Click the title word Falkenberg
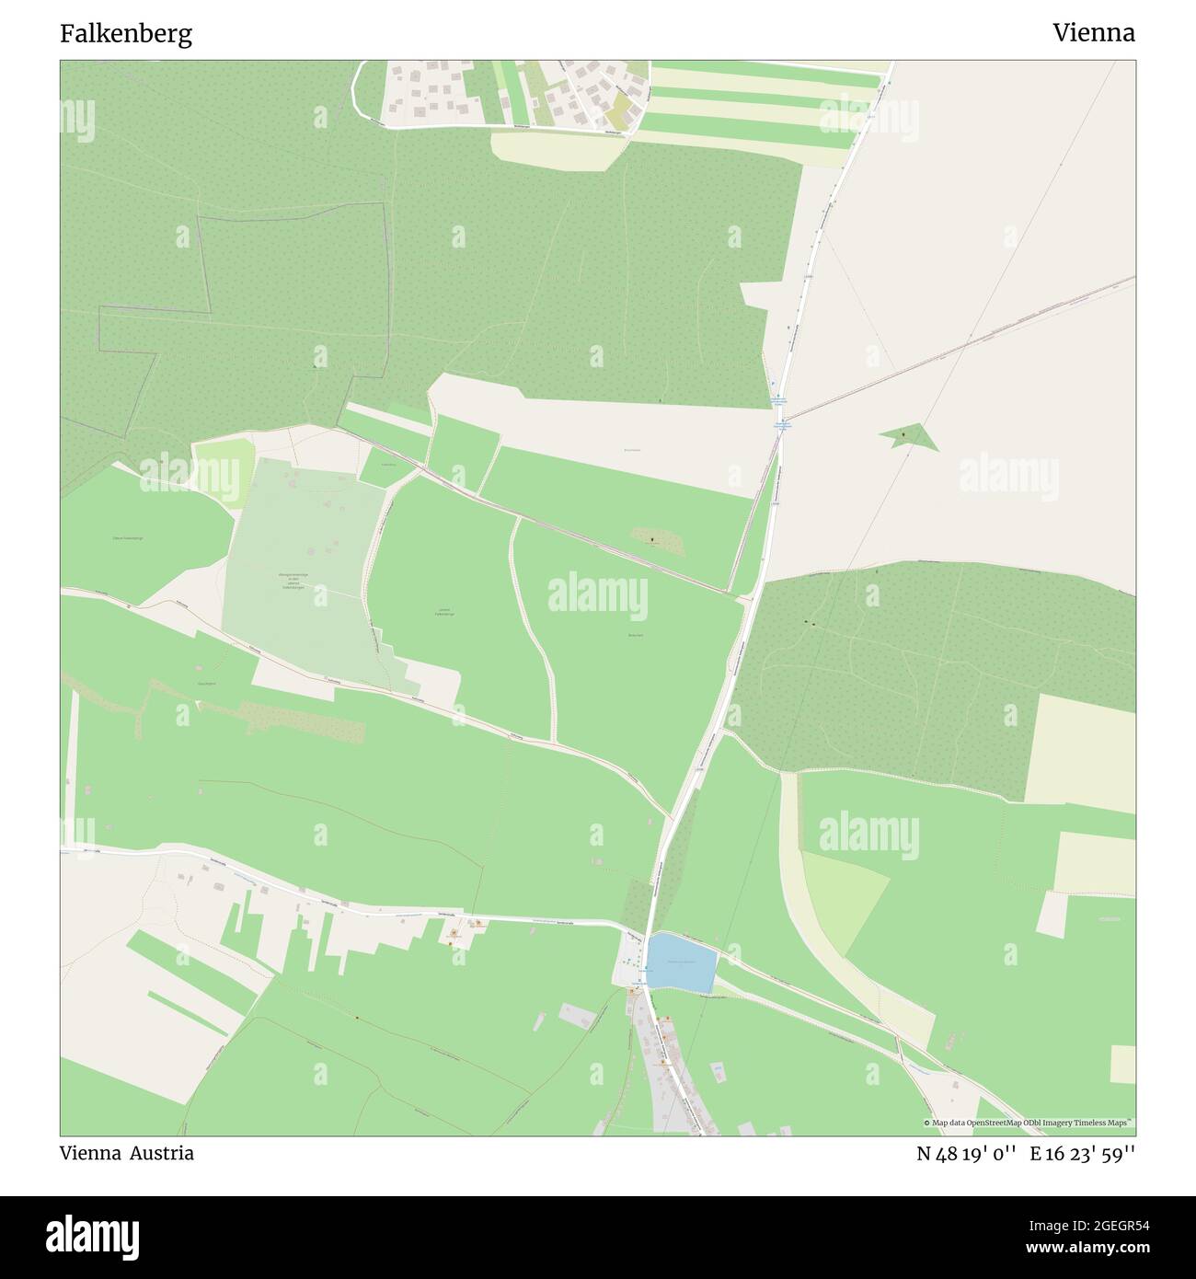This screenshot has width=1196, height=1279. click(126, 34)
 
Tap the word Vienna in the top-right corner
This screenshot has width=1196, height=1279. click(1094, 33)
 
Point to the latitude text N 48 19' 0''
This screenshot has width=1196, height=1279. click(966, 1154)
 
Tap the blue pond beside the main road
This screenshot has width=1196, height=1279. click(681, 962)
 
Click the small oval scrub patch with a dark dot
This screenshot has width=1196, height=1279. click(656, 541)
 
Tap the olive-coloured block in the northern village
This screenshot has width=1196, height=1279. click(622, 109)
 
